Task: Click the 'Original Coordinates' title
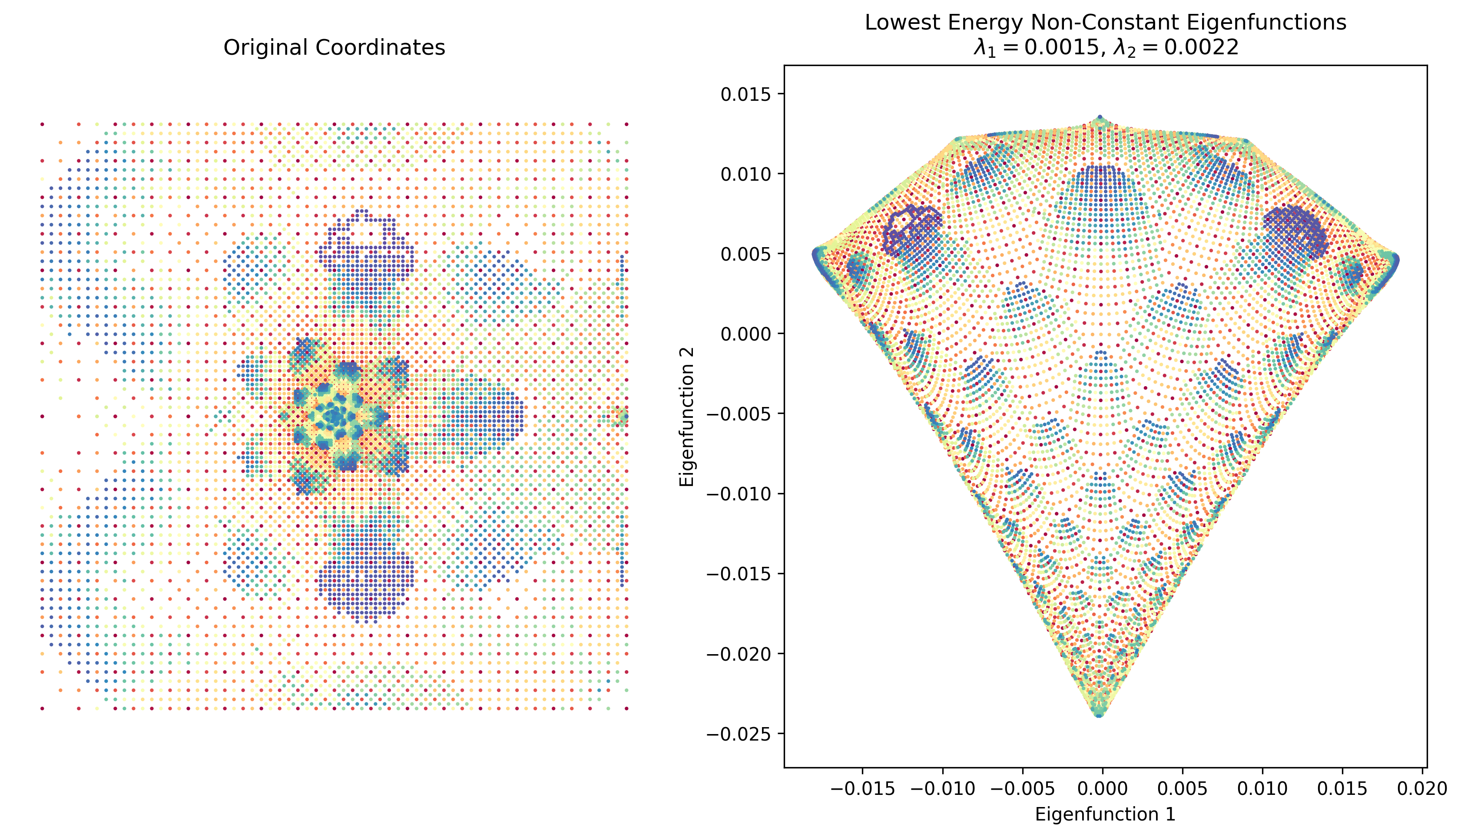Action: (x=334, y=47)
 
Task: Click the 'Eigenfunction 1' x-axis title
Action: (x=1105, y=814)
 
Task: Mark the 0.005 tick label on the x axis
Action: (x=1183, y=788)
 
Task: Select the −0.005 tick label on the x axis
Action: (x=1023, y=788)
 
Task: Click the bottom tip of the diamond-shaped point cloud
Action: (x=1100, y=715)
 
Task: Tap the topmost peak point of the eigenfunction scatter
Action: (x=1100, y=117)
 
